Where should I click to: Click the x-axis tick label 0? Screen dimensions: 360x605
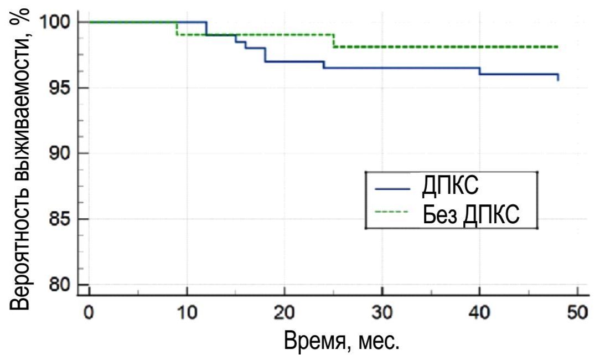[89, 313]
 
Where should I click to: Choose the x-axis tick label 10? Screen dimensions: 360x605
[187, 313]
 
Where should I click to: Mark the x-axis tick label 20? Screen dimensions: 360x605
[284, 313]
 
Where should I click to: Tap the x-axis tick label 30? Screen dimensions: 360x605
[382, 313]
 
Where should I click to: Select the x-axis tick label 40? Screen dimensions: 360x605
[479, 313]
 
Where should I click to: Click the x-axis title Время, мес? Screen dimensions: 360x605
[342, 340]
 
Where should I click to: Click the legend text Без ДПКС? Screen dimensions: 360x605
[471, 214]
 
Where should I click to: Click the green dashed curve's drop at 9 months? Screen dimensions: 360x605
[177, 28]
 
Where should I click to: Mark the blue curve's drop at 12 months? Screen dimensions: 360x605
[206, 28]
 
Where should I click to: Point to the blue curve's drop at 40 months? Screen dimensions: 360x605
[479, 71]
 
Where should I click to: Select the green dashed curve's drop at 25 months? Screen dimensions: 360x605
[333, 41]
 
